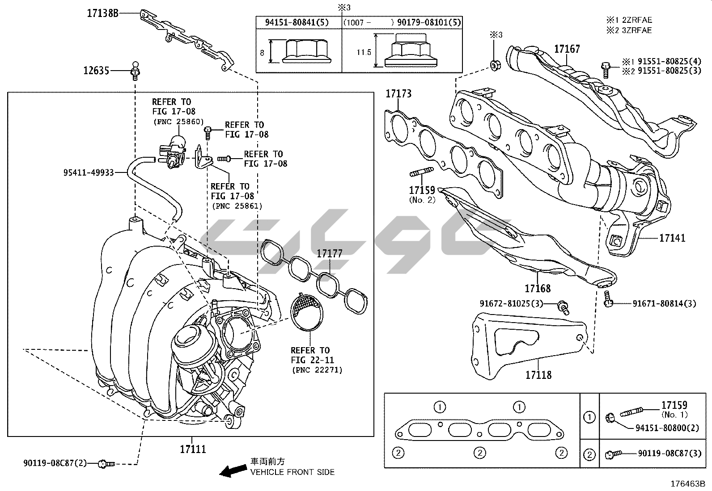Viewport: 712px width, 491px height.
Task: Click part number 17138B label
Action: click(102, 13)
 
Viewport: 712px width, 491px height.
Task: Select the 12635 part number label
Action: click(96, 70)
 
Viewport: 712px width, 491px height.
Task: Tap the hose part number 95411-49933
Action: click(89, 172)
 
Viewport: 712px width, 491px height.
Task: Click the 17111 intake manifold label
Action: click(193, 449)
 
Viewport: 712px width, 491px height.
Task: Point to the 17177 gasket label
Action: click(330, 254)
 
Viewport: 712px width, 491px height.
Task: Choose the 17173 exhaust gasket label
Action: click(398, 94)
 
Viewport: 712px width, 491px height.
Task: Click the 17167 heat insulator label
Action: click(567, 49)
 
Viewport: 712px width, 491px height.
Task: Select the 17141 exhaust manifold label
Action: click(672, 238)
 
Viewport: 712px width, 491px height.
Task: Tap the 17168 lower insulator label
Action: click(538, 288)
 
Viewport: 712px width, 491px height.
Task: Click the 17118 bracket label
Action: click(538, 375)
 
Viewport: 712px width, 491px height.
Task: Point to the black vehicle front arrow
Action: click(233, 470)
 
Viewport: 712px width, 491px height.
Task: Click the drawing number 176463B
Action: click(687, 484)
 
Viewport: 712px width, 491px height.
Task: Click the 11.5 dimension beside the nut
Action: click(364, 52)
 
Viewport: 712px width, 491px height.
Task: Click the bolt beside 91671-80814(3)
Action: click(607, 299)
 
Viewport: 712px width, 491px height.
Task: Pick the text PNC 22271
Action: click(317, 369)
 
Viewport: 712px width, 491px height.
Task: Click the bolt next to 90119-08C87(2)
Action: click(107, 464)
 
